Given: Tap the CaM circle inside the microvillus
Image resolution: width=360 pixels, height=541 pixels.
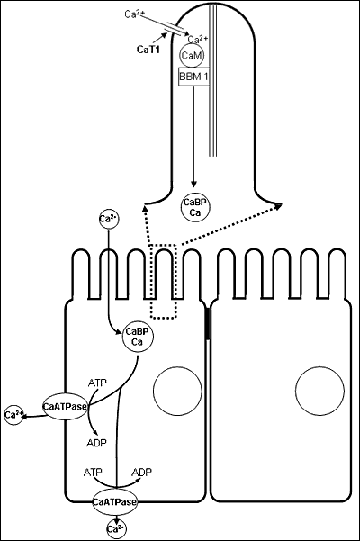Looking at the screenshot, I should [x=192, y=56].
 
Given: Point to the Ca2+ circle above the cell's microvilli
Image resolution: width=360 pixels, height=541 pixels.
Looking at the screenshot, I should [x=107, y=220].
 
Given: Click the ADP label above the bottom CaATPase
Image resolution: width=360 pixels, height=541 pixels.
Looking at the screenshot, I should [x=141, y=472].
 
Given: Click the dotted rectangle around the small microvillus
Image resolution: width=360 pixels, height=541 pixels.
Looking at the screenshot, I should [x=164, y=280].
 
